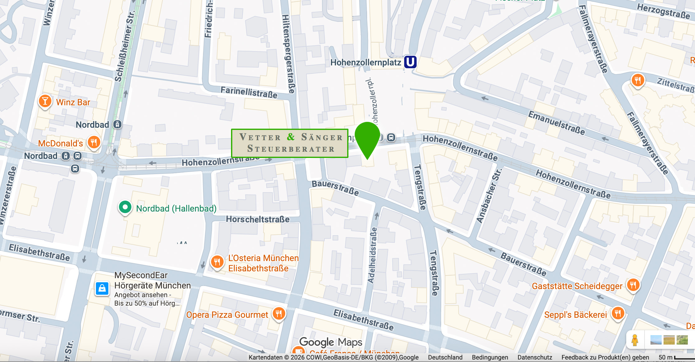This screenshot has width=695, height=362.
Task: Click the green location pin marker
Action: pyautogui.click(x=367, y=137)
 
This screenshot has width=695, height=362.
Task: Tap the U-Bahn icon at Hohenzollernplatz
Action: pyautogui.click(x=410, y=62)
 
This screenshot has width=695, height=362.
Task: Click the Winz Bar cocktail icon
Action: pyautogui.click(x=45, y=101)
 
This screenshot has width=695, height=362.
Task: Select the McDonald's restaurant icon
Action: pyautogui.click(x=94, y=142)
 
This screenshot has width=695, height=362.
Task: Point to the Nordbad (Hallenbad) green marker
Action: pyautogui.click(x=125, y=207)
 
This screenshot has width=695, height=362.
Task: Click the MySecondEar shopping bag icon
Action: pyautogui.click(x=102, y=289)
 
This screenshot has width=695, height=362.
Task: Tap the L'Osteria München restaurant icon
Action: pyautogui.click(x=217, y=262)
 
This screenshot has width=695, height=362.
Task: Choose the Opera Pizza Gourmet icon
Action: pyautogui.click(x=279, y=313)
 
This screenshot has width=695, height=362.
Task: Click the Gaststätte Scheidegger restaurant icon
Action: pyautogui.click(x=633, y=284)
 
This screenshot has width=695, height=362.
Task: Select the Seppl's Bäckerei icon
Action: pyautogui.click(x=618, y=313)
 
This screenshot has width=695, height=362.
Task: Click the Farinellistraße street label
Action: pyautogui.click(x=249, y=93)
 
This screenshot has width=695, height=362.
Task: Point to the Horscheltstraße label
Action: pyautogui.click(x=258, y=219)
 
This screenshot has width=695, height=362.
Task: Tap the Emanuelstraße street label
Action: pyautogui.click(x=556, y=123)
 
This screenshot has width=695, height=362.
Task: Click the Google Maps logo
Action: pyautogui.click(x=330, y=342)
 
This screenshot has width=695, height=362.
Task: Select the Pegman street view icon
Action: pyautogui.click(x=635, y=340)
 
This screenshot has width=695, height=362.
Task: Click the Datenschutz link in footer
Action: pyautogui.click(x=535, y=357)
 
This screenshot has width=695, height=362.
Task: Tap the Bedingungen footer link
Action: pyautogui.click(x=490, y=357)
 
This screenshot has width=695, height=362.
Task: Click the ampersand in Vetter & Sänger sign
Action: pyautogui.click(x=291, y=137)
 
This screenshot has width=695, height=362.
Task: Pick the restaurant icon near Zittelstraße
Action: pyautogui.click(x=637, y=80)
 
